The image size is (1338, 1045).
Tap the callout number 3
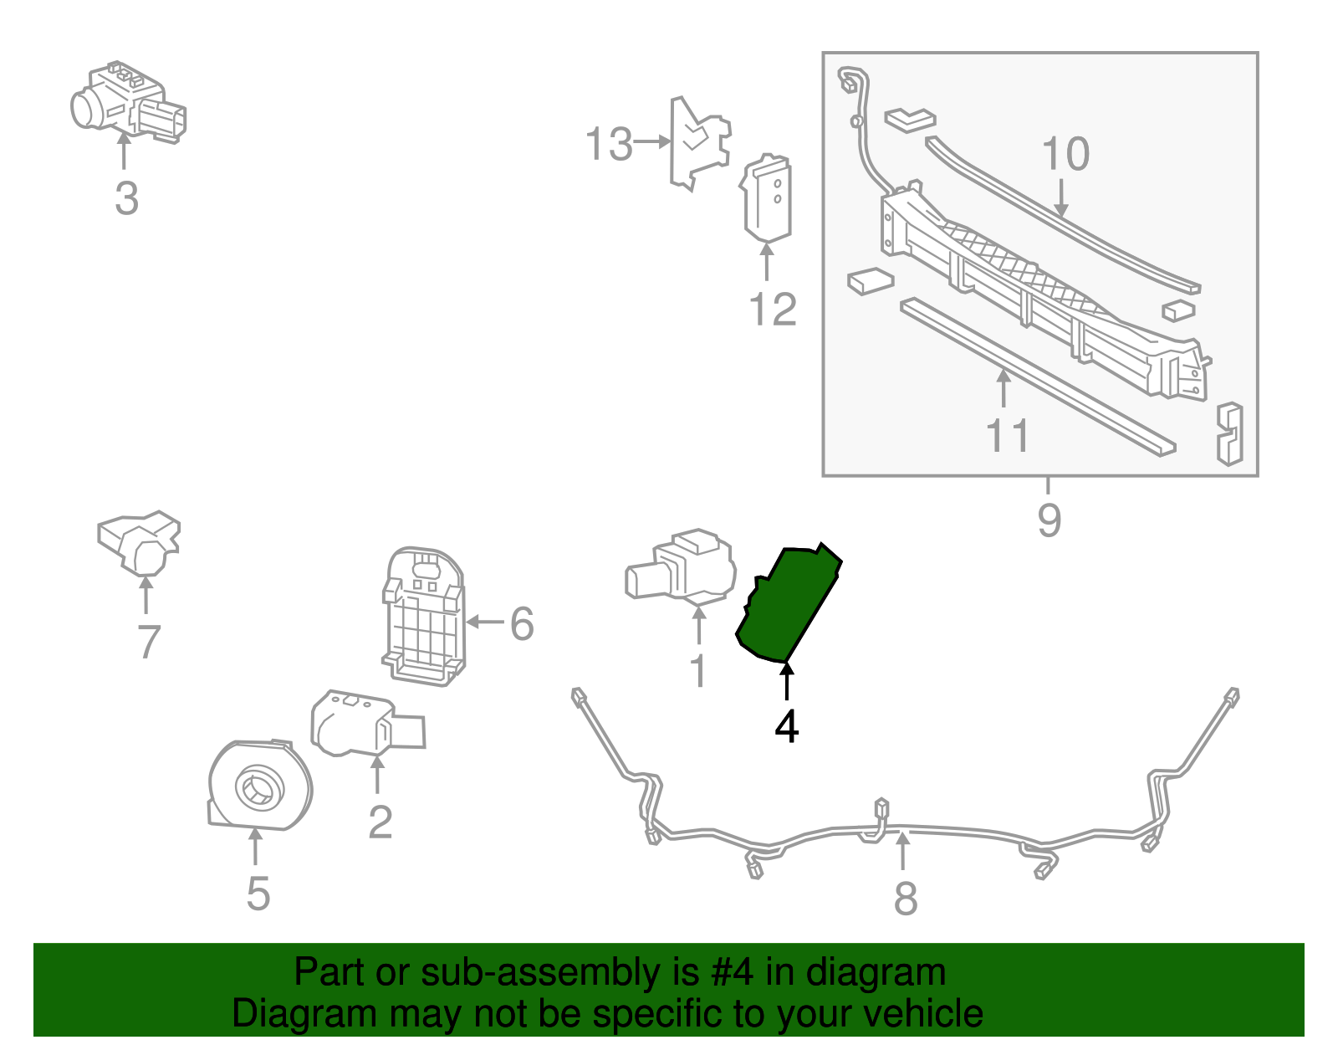(126, 199)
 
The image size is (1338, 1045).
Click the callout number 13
(609, 144)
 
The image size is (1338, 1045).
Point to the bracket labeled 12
(767, 198)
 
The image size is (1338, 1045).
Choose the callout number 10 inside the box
(1065, 154)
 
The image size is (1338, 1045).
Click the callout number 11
(1008, 436)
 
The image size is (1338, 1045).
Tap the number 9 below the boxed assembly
(1049, 520)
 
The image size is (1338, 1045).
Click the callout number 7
(148, 643)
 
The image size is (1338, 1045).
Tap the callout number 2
(380, 822)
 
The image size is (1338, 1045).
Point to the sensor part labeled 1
(682, 567)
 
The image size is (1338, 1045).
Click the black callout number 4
(786, 726)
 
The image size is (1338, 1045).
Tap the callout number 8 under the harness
(906, 899)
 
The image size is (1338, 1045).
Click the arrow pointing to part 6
(485, 622)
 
